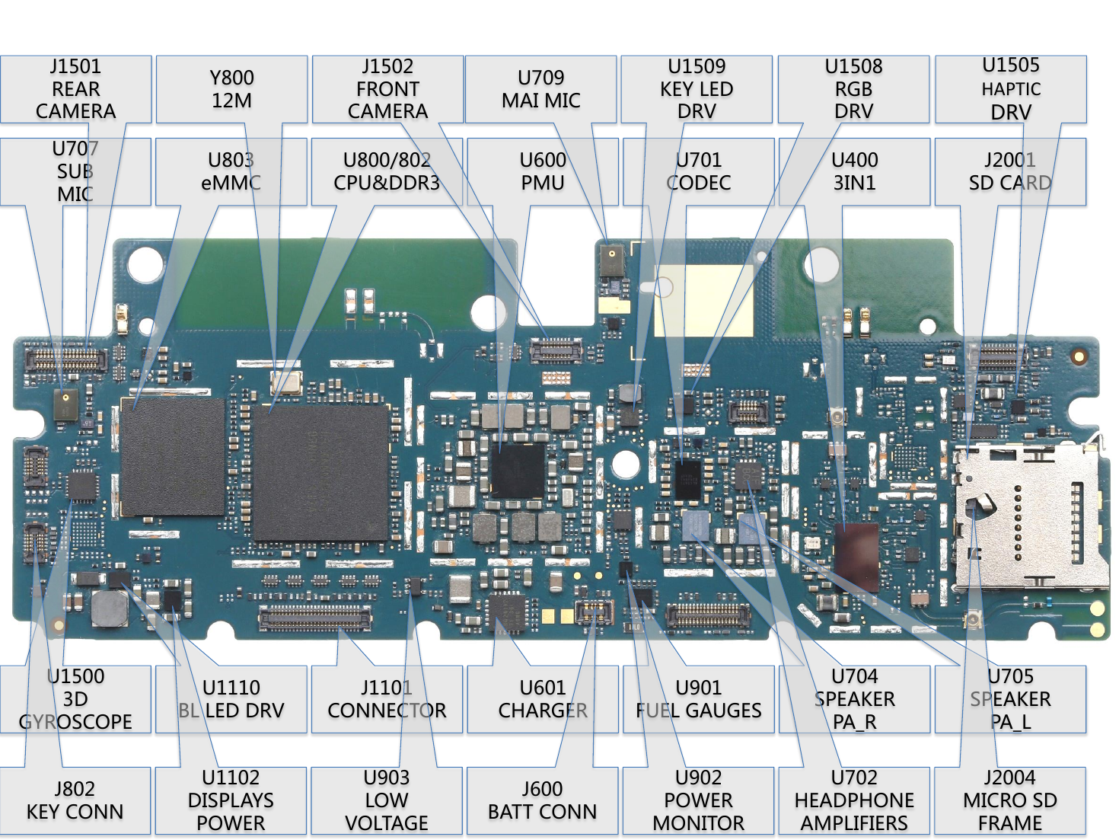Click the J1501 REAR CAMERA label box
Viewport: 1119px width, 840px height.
[x=75, y=89]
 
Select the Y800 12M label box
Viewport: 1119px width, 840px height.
[x=231, y=89]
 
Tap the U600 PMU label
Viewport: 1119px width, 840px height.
[x=543, y=172]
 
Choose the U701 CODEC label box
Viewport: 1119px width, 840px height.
[x=698, y=172]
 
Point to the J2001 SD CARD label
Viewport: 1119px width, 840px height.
[x=1010, y=172]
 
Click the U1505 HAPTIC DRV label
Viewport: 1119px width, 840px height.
[x=1010, y=89]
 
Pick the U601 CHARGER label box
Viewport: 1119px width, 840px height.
[x=543, y=699]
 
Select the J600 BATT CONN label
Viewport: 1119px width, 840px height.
[x=543, y=800]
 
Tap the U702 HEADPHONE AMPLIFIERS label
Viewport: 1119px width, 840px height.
[x=854, y=800]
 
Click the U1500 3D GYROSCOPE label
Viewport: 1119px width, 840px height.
[x=75, y=699]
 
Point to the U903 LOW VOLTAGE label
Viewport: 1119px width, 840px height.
[x=387, y=800]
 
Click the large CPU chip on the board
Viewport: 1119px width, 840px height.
[x=321, y=473]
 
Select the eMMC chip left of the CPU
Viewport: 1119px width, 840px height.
[x=173, y=457]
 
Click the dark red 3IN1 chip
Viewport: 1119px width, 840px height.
[x=856, y=557]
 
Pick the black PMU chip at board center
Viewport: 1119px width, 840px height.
[x=518, y=470]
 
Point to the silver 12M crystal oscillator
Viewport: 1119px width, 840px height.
[x=286, y=382]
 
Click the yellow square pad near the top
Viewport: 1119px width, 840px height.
[x=703, y=301]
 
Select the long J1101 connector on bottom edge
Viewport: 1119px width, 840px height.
[x=315, y=618]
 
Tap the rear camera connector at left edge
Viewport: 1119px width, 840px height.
[x=66, y=359]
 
